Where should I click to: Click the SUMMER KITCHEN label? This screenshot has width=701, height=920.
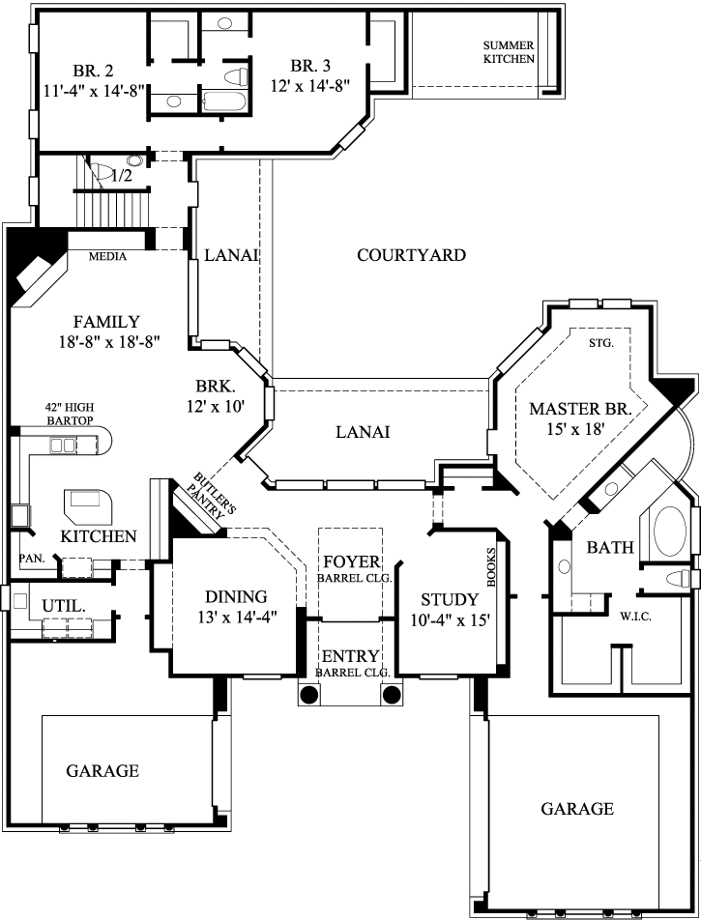click(x=509, y=52)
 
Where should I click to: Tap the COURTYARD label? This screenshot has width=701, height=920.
click(x=411, y=255)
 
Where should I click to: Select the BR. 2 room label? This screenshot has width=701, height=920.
click(x=93, y=70)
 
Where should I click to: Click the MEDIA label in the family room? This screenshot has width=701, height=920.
click(x=108, y=256)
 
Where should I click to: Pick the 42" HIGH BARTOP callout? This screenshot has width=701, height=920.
click(x=69, y=414)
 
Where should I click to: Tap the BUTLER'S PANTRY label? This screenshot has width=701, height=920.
click(x=210, y=497)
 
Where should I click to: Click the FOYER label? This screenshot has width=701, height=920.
click(x=351, y=562)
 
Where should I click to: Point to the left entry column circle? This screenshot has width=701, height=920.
click(x=308, y=695)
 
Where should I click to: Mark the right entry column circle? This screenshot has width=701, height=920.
click(x=393, y=695)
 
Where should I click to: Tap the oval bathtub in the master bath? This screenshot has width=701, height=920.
click(x=669, y=530)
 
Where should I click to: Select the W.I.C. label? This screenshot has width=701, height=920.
click(x=633, y=615)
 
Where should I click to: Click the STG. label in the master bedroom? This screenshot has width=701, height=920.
click(x=601, y=342)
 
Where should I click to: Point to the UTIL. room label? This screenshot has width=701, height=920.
click(x=57, y=605)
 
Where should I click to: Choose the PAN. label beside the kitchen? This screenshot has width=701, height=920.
click(x=31, y=559)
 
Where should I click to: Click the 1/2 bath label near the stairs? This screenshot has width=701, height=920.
click(x=122, y=176)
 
